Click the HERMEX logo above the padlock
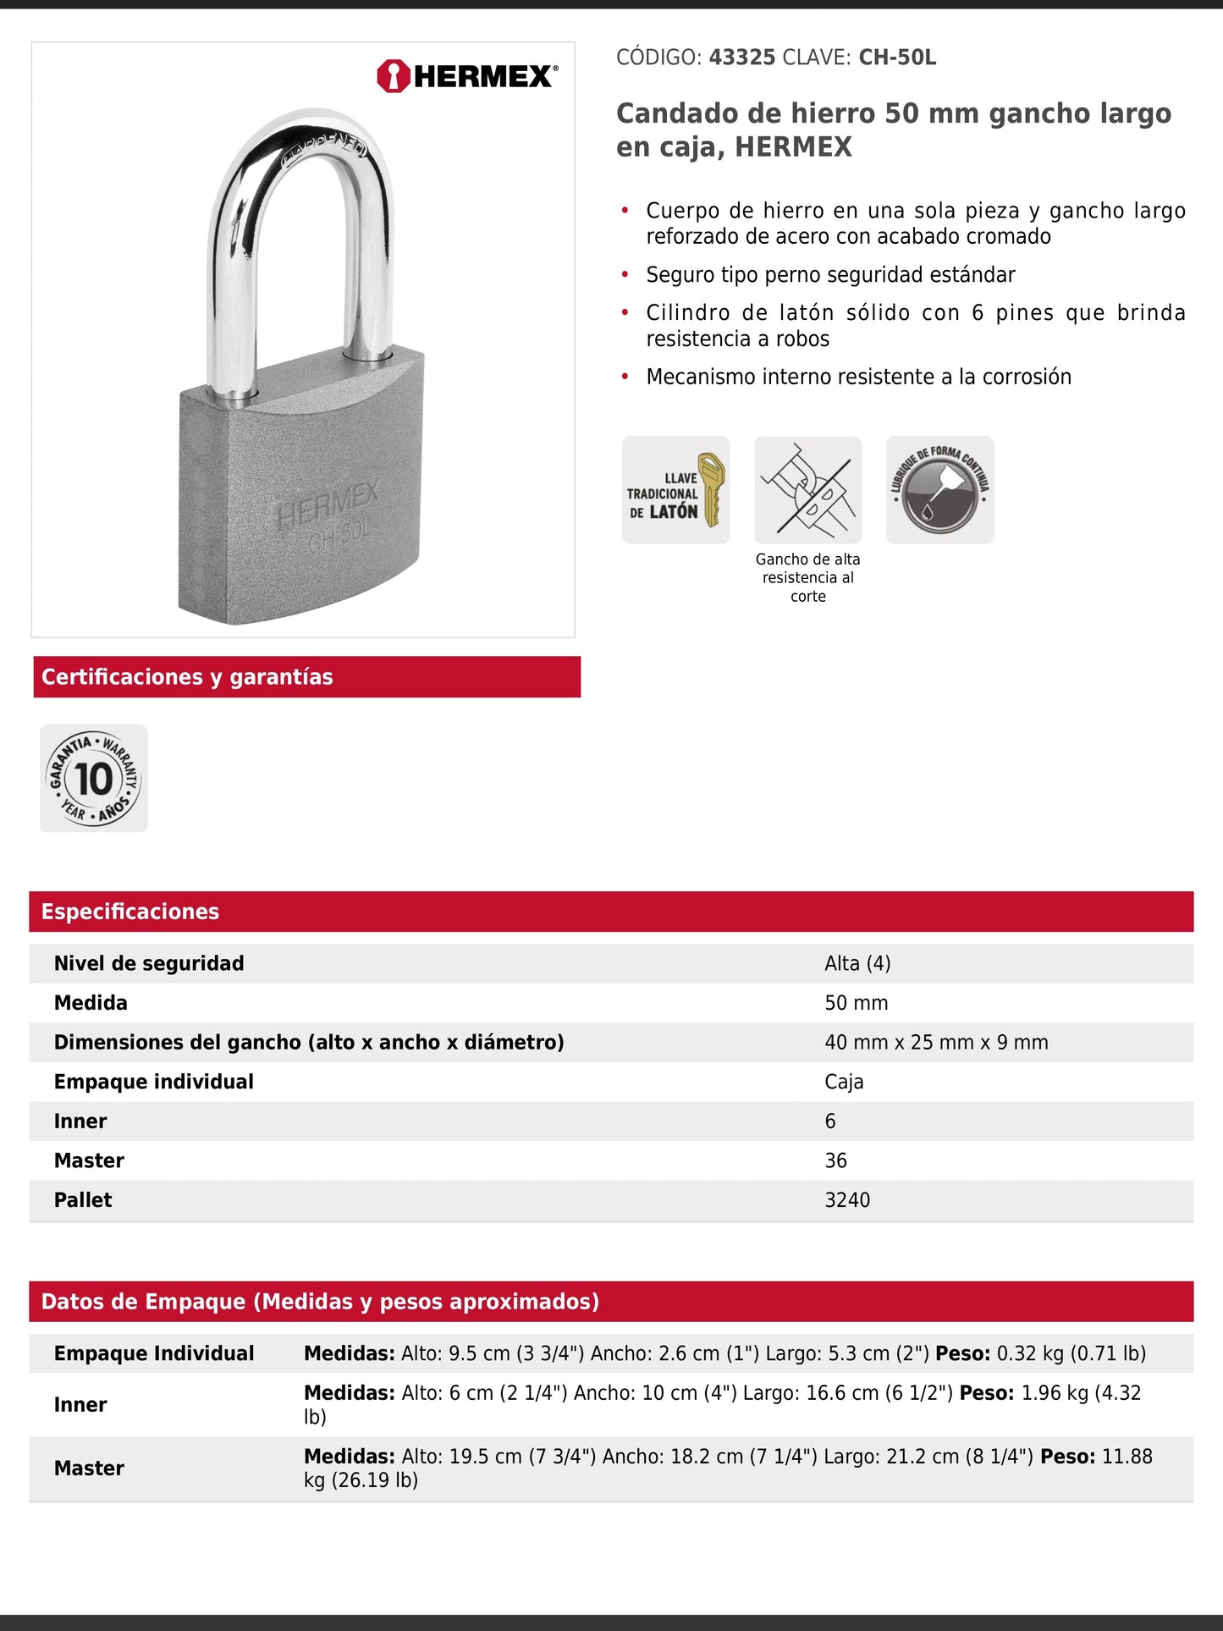click(467, 76)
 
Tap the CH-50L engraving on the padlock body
click(339, 537)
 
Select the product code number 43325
click(741, 58)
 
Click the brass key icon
click(711, 488)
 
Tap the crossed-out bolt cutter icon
click(807, 490)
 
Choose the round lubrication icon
click(939, 490)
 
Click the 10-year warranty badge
click(94, 778)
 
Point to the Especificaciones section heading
click(130, 912)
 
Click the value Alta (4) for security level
click(857, 963)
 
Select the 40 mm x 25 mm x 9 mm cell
click(936, 1042)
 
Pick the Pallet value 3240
click(847, 1199)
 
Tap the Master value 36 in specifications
click(835, 1160)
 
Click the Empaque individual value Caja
click(844, 1082)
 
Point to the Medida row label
click(91, 1003)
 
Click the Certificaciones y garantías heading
click(187, 677)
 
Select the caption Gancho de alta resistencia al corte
click(807, 577)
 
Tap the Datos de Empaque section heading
click(320, 1302)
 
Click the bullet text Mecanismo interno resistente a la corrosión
click(858, 377)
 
